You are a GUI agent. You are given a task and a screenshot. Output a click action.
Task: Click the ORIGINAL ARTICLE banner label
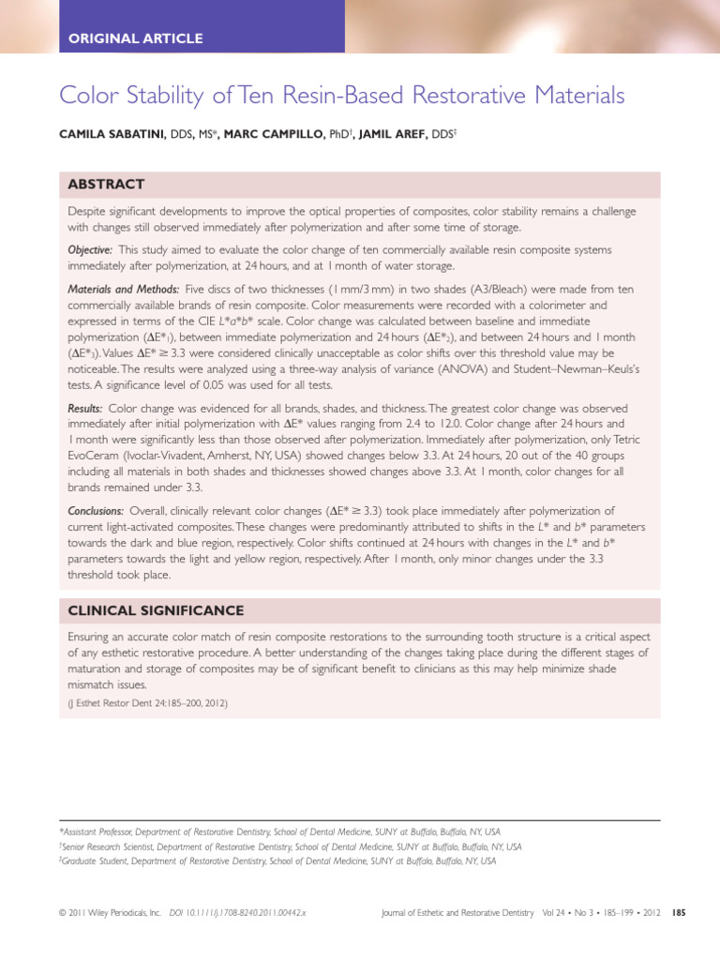click(x=135, y=38)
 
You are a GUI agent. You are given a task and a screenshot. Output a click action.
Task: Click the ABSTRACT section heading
click(x=106, y=184)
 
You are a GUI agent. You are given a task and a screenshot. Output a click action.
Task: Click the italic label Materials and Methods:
click(x=125, y=290)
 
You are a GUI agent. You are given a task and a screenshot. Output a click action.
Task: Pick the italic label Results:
click(x=84, y=410)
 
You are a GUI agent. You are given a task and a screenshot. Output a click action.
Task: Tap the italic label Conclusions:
click(x=96, y=511)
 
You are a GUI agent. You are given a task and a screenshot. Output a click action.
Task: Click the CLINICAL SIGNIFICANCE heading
click(x=156, y=610)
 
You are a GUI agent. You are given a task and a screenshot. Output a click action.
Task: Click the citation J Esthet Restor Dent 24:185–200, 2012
click(x=147, y=702)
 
